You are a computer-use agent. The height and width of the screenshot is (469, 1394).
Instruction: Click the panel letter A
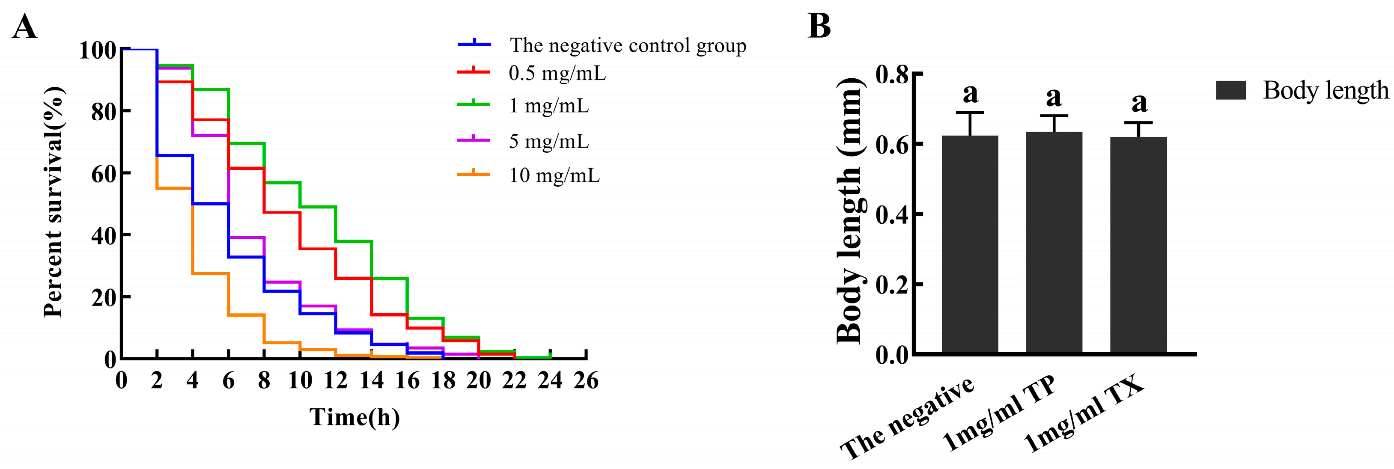24,27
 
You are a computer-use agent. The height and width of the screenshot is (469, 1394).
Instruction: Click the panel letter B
819,26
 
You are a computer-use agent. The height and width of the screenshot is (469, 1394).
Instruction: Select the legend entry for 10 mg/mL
554,175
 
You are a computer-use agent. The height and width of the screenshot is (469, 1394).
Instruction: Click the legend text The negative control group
628,45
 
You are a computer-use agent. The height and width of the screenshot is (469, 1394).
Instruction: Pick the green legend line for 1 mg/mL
474,104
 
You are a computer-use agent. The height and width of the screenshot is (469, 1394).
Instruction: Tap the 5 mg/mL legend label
549,141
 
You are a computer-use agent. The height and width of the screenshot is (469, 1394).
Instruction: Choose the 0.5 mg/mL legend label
557,73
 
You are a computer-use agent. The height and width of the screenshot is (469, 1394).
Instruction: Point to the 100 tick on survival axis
98,50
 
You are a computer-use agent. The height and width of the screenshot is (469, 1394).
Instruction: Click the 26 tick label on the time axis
586,381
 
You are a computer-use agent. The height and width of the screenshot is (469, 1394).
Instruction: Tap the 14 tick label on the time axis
371,381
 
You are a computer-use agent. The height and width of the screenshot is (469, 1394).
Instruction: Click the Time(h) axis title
354,417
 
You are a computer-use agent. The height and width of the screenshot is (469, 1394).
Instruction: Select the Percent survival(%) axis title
54,202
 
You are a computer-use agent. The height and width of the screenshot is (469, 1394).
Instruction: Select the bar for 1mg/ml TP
1054,243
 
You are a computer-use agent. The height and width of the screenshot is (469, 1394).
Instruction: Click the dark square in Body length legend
1230,90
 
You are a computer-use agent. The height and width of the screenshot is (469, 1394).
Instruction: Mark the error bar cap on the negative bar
970,113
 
